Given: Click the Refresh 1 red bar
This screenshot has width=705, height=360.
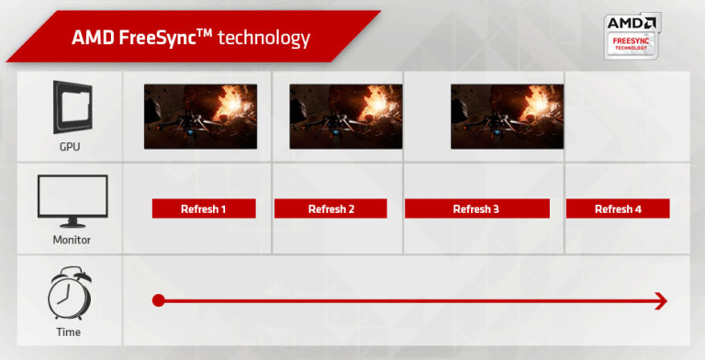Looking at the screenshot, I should (x=204, y=209).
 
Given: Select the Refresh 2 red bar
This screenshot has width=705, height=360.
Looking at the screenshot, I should (x=330, y=209).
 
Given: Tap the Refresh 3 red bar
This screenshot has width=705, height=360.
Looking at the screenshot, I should (x=476, y=209).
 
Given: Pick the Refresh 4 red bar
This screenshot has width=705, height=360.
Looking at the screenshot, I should (x=618, y=209).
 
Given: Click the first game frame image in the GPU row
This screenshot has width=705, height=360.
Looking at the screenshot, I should (x=200, y=117).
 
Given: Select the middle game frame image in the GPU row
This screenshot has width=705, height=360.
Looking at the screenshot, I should (x=345, y=117).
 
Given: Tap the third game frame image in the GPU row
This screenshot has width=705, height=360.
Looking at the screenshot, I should (x=507, y=117).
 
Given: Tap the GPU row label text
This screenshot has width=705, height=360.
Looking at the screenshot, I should (x=71, y=147).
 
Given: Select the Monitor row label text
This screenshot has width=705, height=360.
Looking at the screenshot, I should (x=71, y=241).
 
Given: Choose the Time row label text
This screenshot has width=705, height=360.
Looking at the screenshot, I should (x=69, y=332).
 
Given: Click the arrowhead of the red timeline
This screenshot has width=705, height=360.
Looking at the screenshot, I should (x=659, y=300).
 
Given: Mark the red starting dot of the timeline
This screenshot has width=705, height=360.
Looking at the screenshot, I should (x=158, y=300).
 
